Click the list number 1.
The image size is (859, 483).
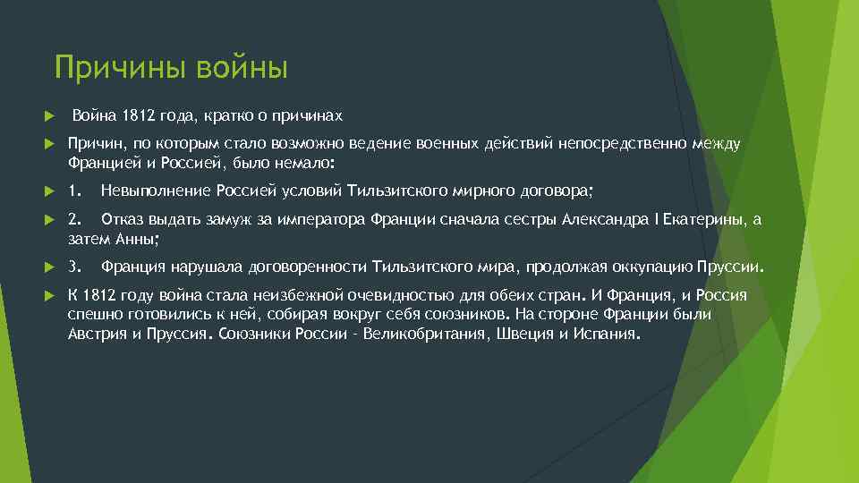pos(75,191)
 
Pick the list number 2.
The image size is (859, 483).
pos(75,219)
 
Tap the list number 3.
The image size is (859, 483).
pos(75,267)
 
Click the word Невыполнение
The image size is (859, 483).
pos(156,191)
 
